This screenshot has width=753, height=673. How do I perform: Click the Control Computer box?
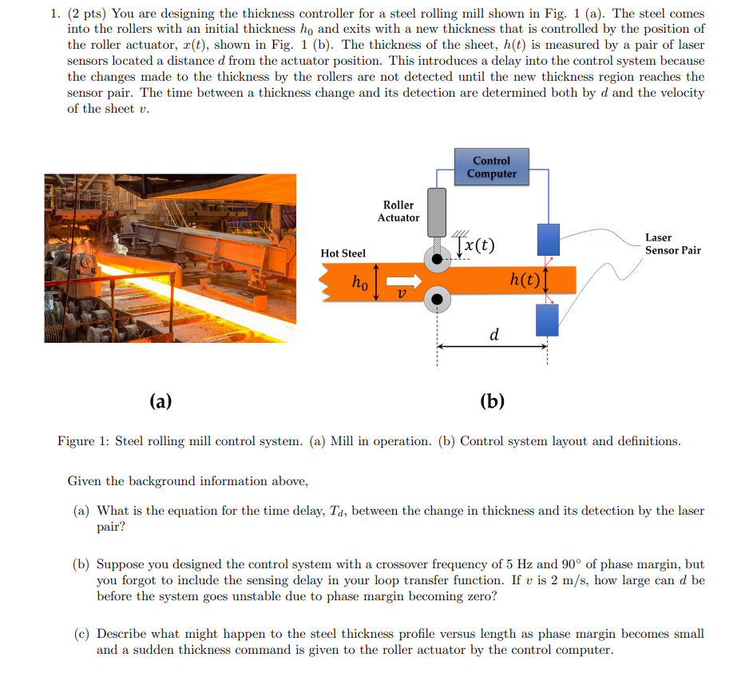point(491,167)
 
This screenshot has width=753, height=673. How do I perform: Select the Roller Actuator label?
point(398,212)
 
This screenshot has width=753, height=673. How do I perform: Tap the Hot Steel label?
point(343,253)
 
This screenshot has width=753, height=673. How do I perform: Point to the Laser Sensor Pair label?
point(672,244)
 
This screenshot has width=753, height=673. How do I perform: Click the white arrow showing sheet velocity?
point(405,281)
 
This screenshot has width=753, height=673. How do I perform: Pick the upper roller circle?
point(437,259)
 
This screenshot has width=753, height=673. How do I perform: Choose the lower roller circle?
point(437,301)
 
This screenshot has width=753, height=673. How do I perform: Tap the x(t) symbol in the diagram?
point(478,245)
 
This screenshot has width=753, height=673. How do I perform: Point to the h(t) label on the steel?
point(524,279)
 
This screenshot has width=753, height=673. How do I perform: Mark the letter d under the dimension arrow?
point(494,334)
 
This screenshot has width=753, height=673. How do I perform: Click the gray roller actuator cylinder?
point(437,211)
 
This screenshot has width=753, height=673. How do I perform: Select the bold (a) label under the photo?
point(161,400)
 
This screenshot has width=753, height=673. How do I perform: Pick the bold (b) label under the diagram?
point(492,400)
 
